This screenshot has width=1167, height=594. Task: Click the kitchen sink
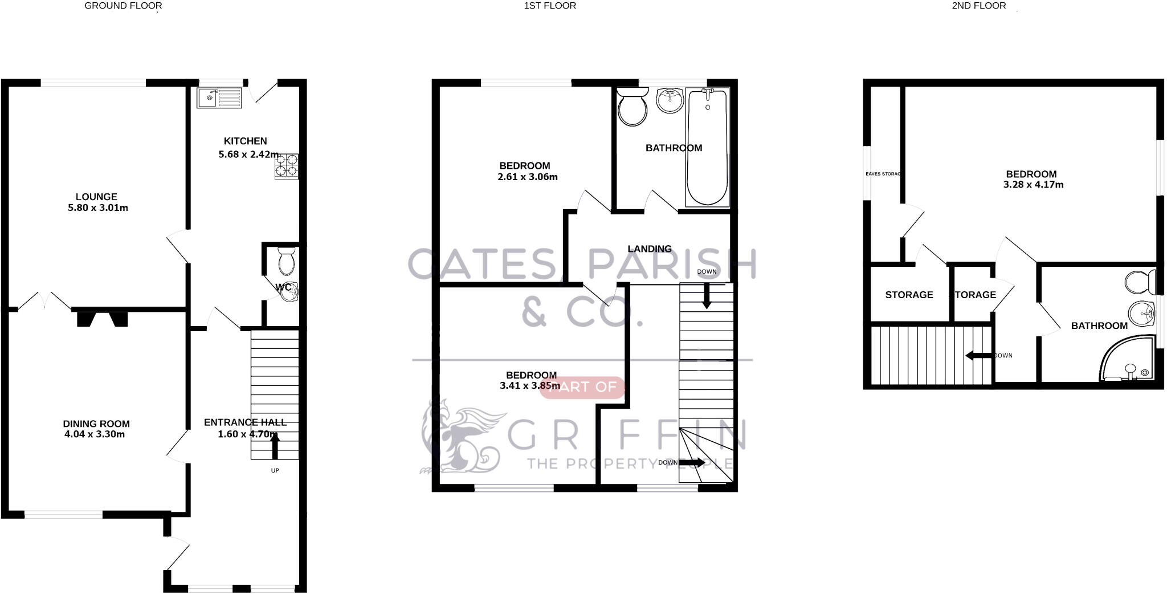click(219, 97)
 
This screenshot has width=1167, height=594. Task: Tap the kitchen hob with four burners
click(287, 165)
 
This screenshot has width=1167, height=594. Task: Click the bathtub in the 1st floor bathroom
click(708, 147)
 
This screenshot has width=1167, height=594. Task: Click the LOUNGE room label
click(96, 197)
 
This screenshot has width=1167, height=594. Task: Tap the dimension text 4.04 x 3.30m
click(95, 434)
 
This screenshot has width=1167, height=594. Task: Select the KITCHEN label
click(245, 141)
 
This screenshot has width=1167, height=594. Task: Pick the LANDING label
click(649, 249)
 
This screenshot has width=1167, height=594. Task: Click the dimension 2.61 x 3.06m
click(527, 177)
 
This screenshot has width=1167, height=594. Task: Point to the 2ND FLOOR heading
click(978, 6)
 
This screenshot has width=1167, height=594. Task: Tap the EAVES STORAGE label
click(883, 174)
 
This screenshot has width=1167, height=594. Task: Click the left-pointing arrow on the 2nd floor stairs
click(979, 356)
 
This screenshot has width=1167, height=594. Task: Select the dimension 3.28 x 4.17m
click(1033, 185)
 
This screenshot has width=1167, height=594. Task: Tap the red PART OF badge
click(581, 388)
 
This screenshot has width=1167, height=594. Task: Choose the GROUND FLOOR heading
click(123, 6)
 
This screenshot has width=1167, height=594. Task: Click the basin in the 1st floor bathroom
click(670, 101)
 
